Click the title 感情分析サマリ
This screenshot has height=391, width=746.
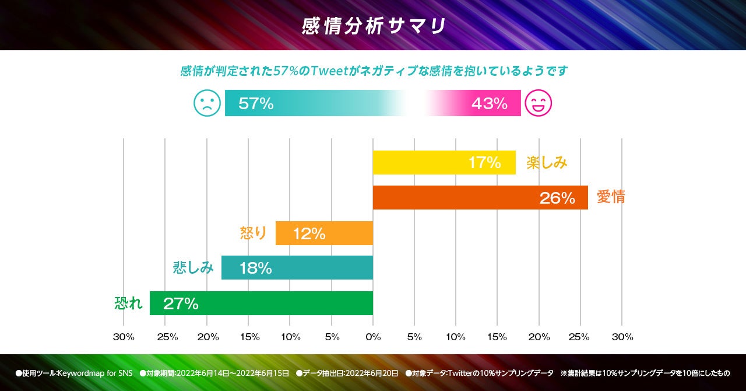click(373, 26)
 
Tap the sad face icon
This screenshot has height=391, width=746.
click(207, 103)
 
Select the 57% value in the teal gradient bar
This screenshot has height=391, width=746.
click(256, 104)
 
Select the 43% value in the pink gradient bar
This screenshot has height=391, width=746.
click(489, 104)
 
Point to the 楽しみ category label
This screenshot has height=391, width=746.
click(547, 162)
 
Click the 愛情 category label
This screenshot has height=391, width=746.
click(611, 197)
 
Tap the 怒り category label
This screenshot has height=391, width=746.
click(254, 233)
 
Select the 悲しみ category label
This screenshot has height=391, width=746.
click(193, 268)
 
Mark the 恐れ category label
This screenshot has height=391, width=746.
click(128, 303)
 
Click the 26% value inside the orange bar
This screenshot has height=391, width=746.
click(557, 198)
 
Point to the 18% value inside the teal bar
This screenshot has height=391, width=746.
click(255, 268)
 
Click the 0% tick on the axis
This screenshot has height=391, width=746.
click(373, 337)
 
